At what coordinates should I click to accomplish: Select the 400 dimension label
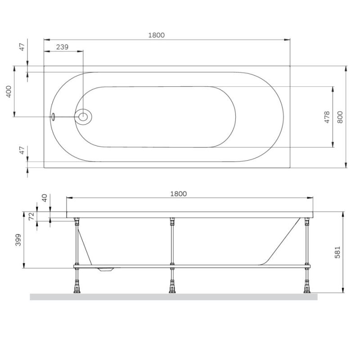[x=8, y=92]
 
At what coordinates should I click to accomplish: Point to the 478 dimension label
[x=327, y=117]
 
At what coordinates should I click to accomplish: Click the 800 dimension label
[x=340, y=117]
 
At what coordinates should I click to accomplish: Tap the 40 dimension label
[x=44, y=198]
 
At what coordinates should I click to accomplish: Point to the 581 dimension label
[x=337, y=252]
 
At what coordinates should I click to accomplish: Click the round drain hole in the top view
[x=83, y=117]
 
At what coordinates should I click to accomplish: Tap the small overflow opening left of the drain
[x=53, y=117]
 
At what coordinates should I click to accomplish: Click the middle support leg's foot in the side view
[x=172, y=288]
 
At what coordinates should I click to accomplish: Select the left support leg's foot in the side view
[x=77, y=288]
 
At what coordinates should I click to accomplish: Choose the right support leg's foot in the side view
[x=307, y=288]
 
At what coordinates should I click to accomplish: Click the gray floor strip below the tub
[x=173, y=297]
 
